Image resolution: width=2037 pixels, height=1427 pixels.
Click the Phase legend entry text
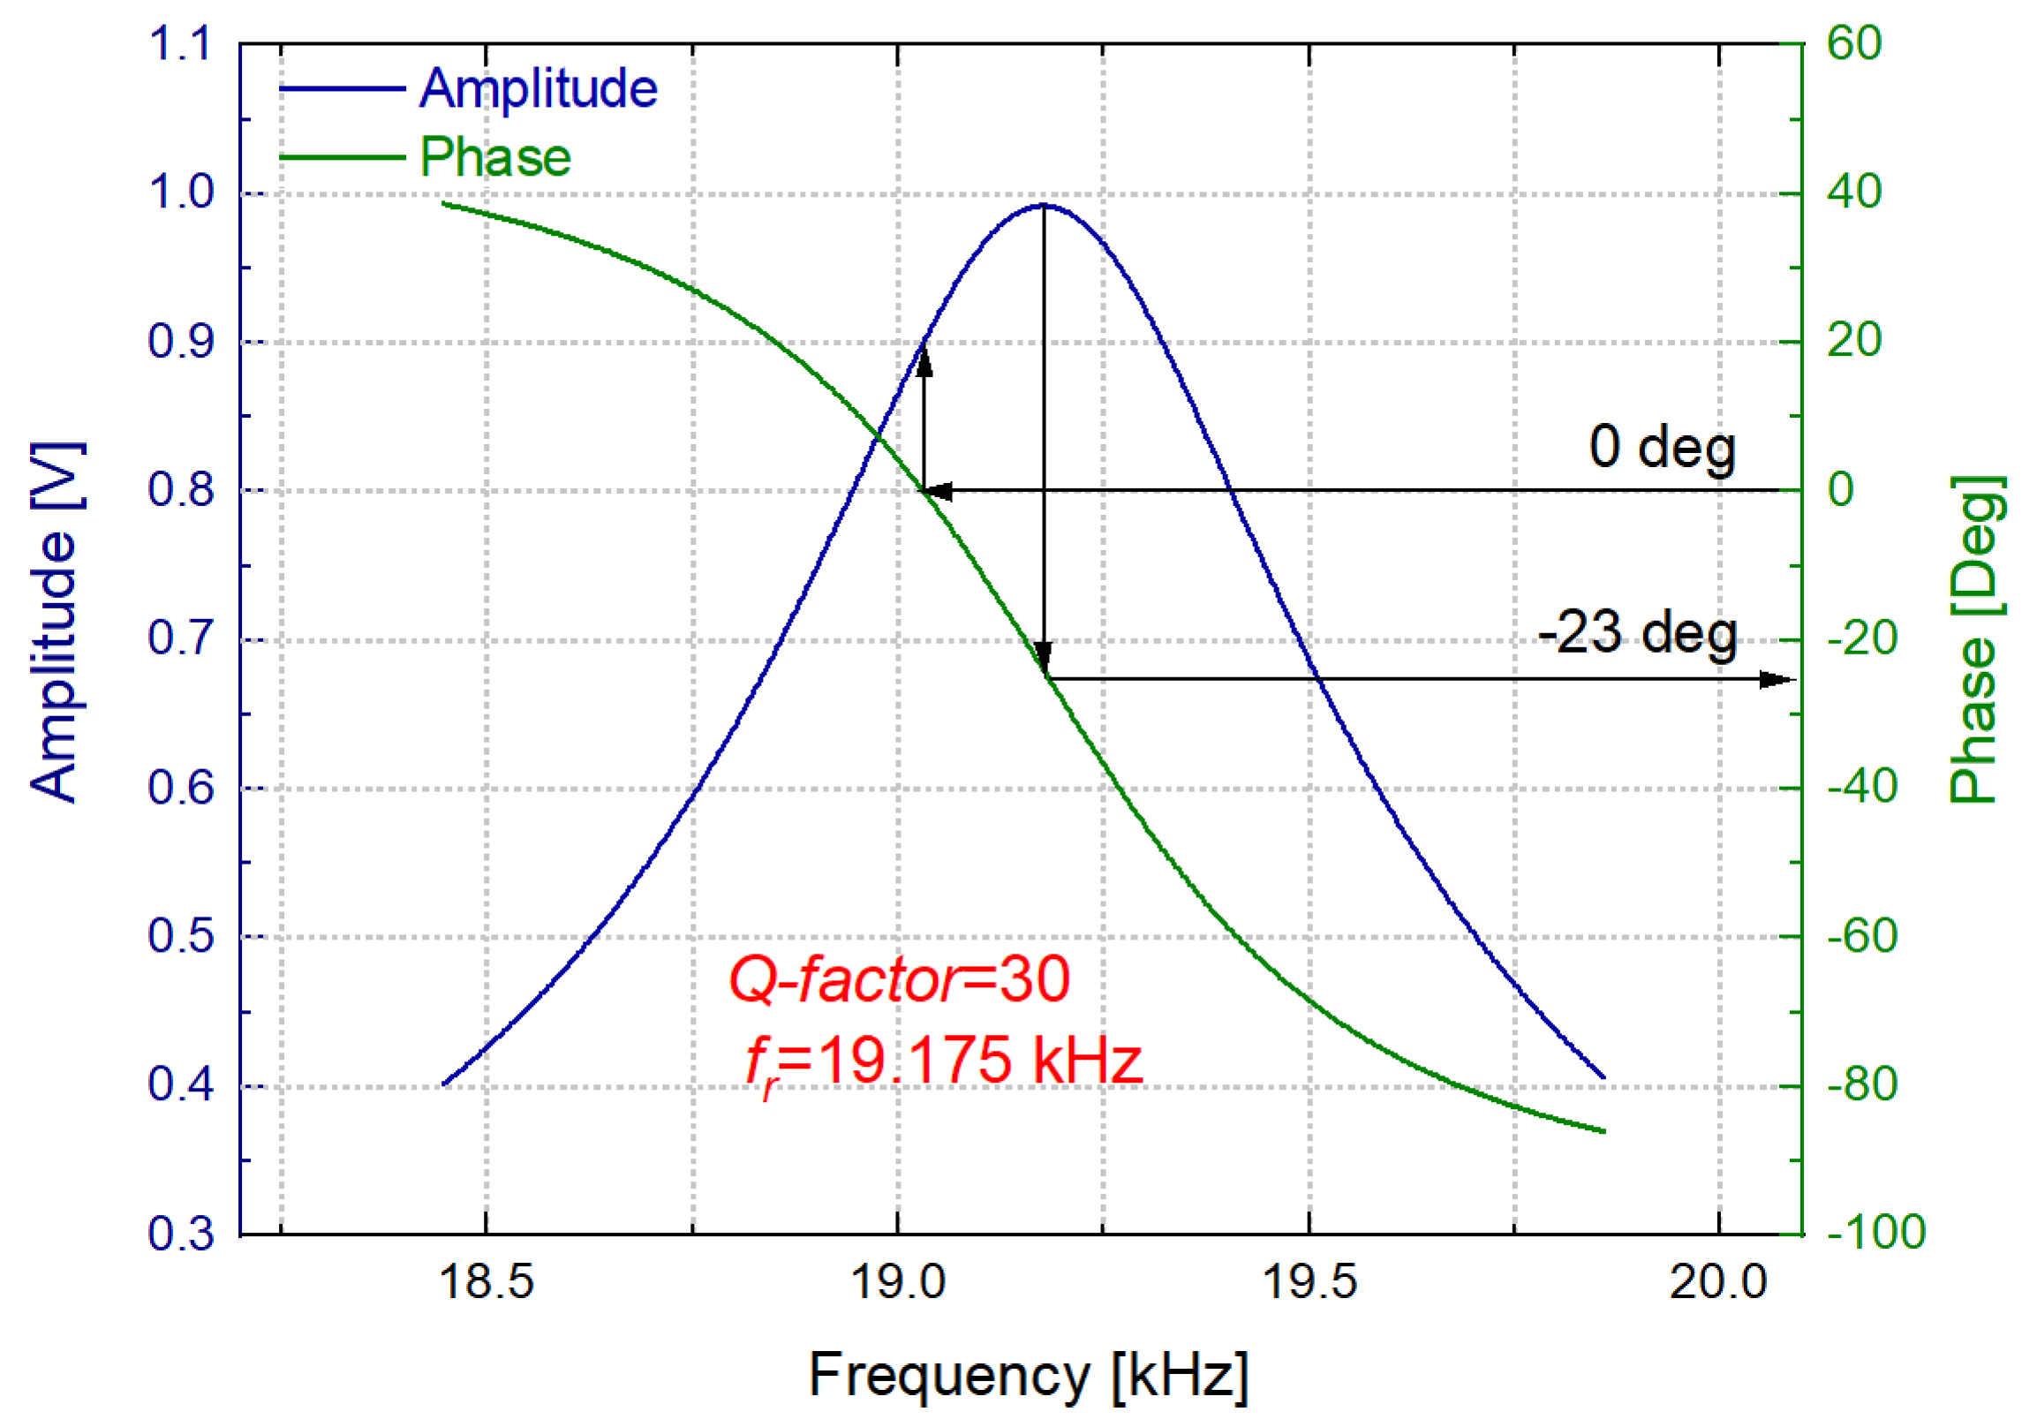[x=495, y=158]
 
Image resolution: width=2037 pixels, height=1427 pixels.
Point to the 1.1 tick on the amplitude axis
[x=180, y=43]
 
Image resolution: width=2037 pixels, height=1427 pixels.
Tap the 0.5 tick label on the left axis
[x=180, y=936]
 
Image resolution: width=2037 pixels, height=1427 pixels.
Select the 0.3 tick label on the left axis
[x=180, y=1234]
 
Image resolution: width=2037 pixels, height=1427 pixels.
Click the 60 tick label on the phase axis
[x=1853, y=43]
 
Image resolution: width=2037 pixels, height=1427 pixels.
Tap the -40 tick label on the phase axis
[x=1861, y=787]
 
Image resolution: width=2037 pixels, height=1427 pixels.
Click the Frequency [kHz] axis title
[x=1029, y=1376]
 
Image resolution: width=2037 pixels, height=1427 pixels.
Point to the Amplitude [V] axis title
[x=55, y=621]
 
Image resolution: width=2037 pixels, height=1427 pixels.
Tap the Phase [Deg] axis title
[x=1977, y=639]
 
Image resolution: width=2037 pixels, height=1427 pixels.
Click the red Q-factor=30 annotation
[x=899, y=980]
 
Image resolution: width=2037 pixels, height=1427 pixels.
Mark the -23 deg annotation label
[x=1637, y=634]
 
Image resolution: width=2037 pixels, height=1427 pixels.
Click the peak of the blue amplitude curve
[x=1044, y=205]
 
